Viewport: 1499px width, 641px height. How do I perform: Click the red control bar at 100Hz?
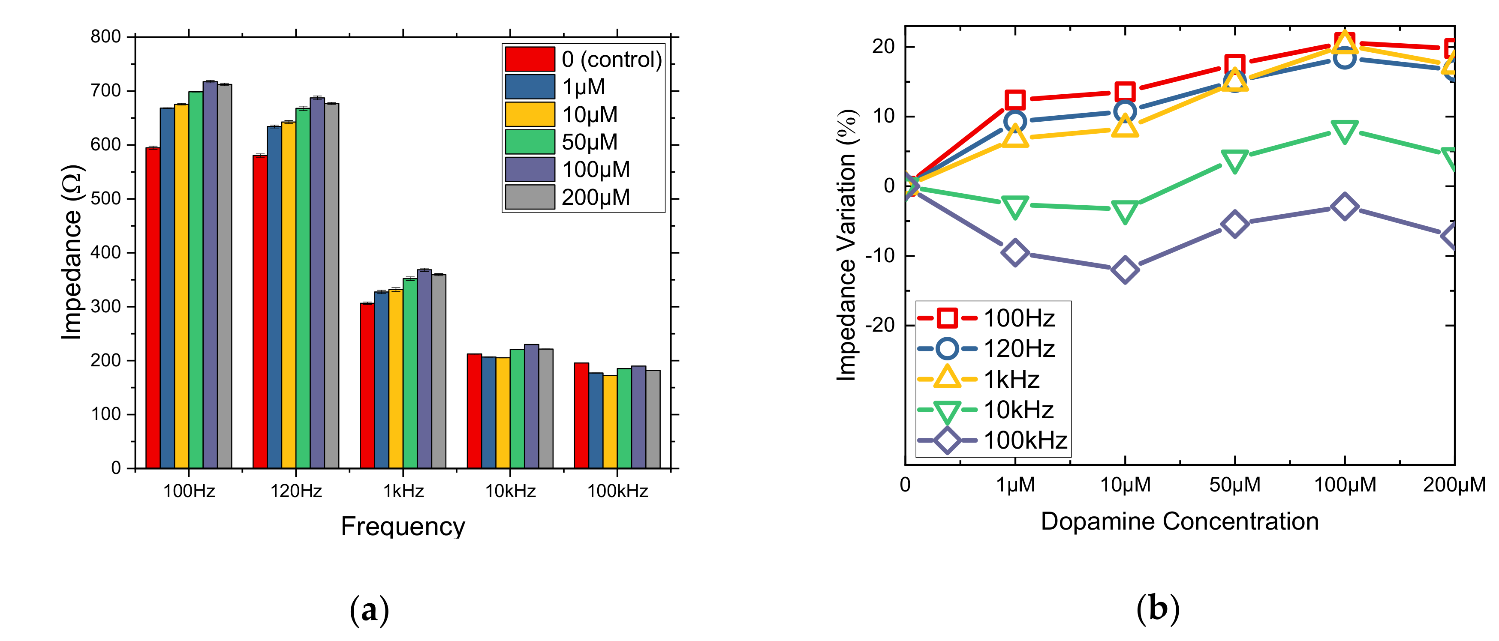pyautogui.click(x=153, y=308)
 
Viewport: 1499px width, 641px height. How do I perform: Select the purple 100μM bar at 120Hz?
pyautogui.click(x=317, y=283)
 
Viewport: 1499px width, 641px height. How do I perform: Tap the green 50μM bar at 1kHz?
pyautogui.click(x=410, y=374)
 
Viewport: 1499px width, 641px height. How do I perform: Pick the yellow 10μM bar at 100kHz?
pyautogui.click(x=610, y=422)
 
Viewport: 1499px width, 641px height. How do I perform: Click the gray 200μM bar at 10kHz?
pyautogui.click(x=546, y=408)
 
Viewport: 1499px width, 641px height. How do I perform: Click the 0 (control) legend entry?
pyautogui.click(x=584, y=59)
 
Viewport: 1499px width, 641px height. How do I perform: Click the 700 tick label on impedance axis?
pyautogui.click(x=106, y=91)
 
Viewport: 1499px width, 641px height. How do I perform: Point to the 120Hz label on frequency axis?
pyautogui.click(x=296, y=491)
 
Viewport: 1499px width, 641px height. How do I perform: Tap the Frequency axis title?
pyautogui.click(x=403, y=527)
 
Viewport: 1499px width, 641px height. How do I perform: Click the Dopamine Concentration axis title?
pyautogui.click(x=1180, y=521)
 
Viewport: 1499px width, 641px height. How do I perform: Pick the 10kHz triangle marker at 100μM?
pyautogui.click(x=1345, y=132)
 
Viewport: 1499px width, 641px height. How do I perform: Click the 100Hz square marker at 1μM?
pyautogui.click(x=1015, y=100)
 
